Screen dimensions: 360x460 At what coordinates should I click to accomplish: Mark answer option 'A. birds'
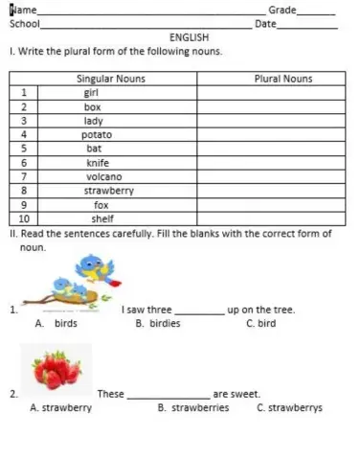tap(56, 324)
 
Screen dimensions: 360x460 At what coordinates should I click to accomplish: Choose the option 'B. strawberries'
tap(192, 407)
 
